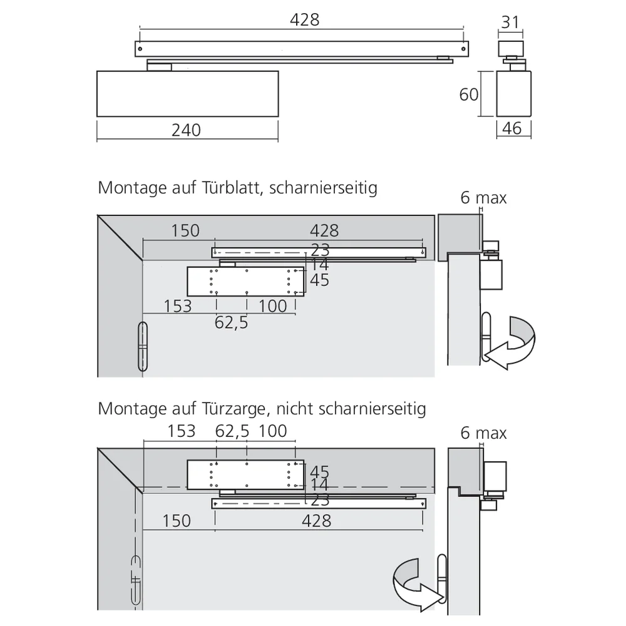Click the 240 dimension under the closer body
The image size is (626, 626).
pyautogui.click(x=187, y=130)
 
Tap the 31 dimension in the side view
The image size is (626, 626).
pyautogui.click(x=510, y=22)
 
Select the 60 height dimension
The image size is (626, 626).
pyautogui.click(x=469, y=95)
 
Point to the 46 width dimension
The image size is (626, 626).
pyautogui.click(x=511, y=128)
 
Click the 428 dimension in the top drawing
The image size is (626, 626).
pyautogui.click(x=304, y=20)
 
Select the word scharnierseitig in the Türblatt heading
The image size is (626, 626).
pyautogui.click(x=323, y=188)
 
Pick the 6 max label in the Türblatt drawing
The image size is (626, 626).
pyautogui.click(x=483, y=198)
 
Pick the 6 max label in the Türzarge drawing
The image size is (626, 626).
pyautogui.click(x=483, y=433)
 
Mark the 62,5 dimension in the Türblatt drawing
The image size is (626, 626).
pyautogui.click(x=232, y=322)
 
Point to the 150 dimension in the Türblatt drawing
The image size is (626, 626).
pyautogui.click(x=185, y=230)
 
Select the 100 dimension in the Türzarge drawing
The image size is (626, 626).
pyautogui.click(x=272, y=431)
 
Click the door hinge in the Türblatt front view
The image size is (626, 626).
pyautogui.click(x=143, y=347)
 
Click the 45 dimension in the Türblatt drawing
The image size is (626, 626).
pyautogui.click(x=319, y=280)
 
